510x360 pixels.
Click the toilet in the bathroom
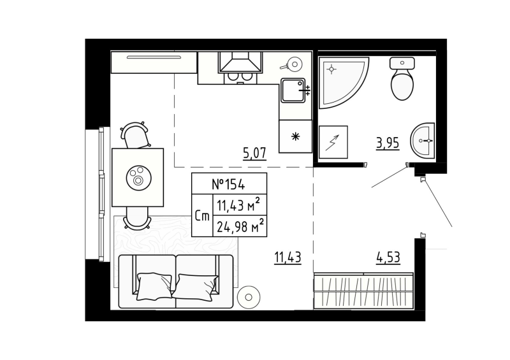click(x=402, y=81)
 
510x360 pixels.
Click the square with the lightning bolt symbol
click(x=333, y=141)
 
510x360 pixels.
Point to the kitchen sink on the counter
click(x=294, y=91)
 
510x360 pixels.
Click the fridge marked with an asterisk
click(x=295, y=136)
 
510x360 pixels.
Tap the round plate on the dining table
click(x=138, y=176)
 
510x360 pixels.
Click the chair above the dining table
click(x=135, y=135)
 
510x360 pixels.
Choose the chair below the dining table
click(x=136, y=219)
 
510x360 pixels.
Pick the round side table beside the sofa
click(x=247, y=297)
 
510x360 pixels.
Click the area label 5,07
click(x=254, y=152)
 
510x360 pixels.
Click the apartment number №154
click(x=228, y=184)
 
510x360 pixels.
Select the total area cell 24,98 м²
click(x=240, y=225)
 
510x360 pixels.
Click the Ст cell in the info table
click(x=203, y=216)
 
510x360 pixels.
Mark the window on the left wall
click(x=99, y=194)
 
